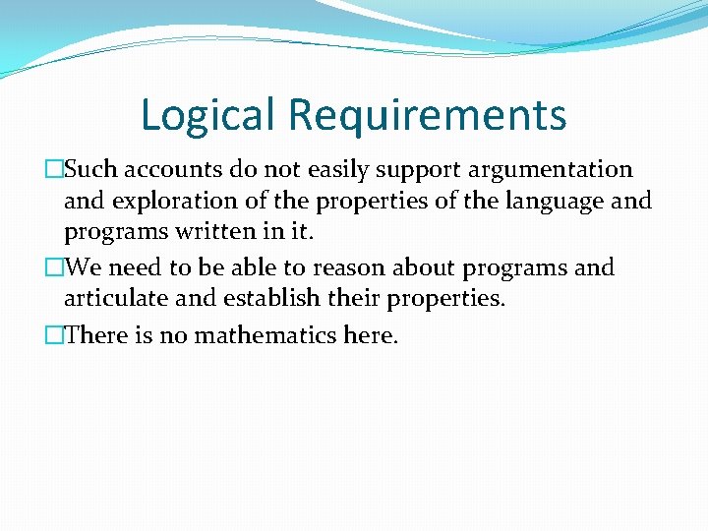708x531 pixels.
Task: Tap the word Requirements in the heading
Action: [427, 114]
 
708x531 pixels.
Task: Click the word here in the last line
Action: [370, 335]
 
